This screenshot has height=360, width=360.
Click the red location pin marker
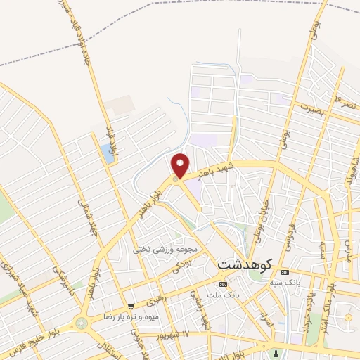[181, 165]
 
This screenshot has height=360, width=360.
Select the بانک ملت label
[224, 295]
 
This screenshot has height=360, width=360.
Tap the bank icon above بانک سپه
[284, 272]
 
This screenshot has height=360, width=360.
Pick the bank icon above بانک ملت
[224, 285]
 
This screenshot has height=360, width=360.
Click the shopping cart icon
[131, 306]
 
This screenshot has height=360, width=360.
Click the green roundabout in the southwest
[84, 323]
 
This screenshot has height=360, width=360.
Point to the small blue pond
[107, 152]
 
